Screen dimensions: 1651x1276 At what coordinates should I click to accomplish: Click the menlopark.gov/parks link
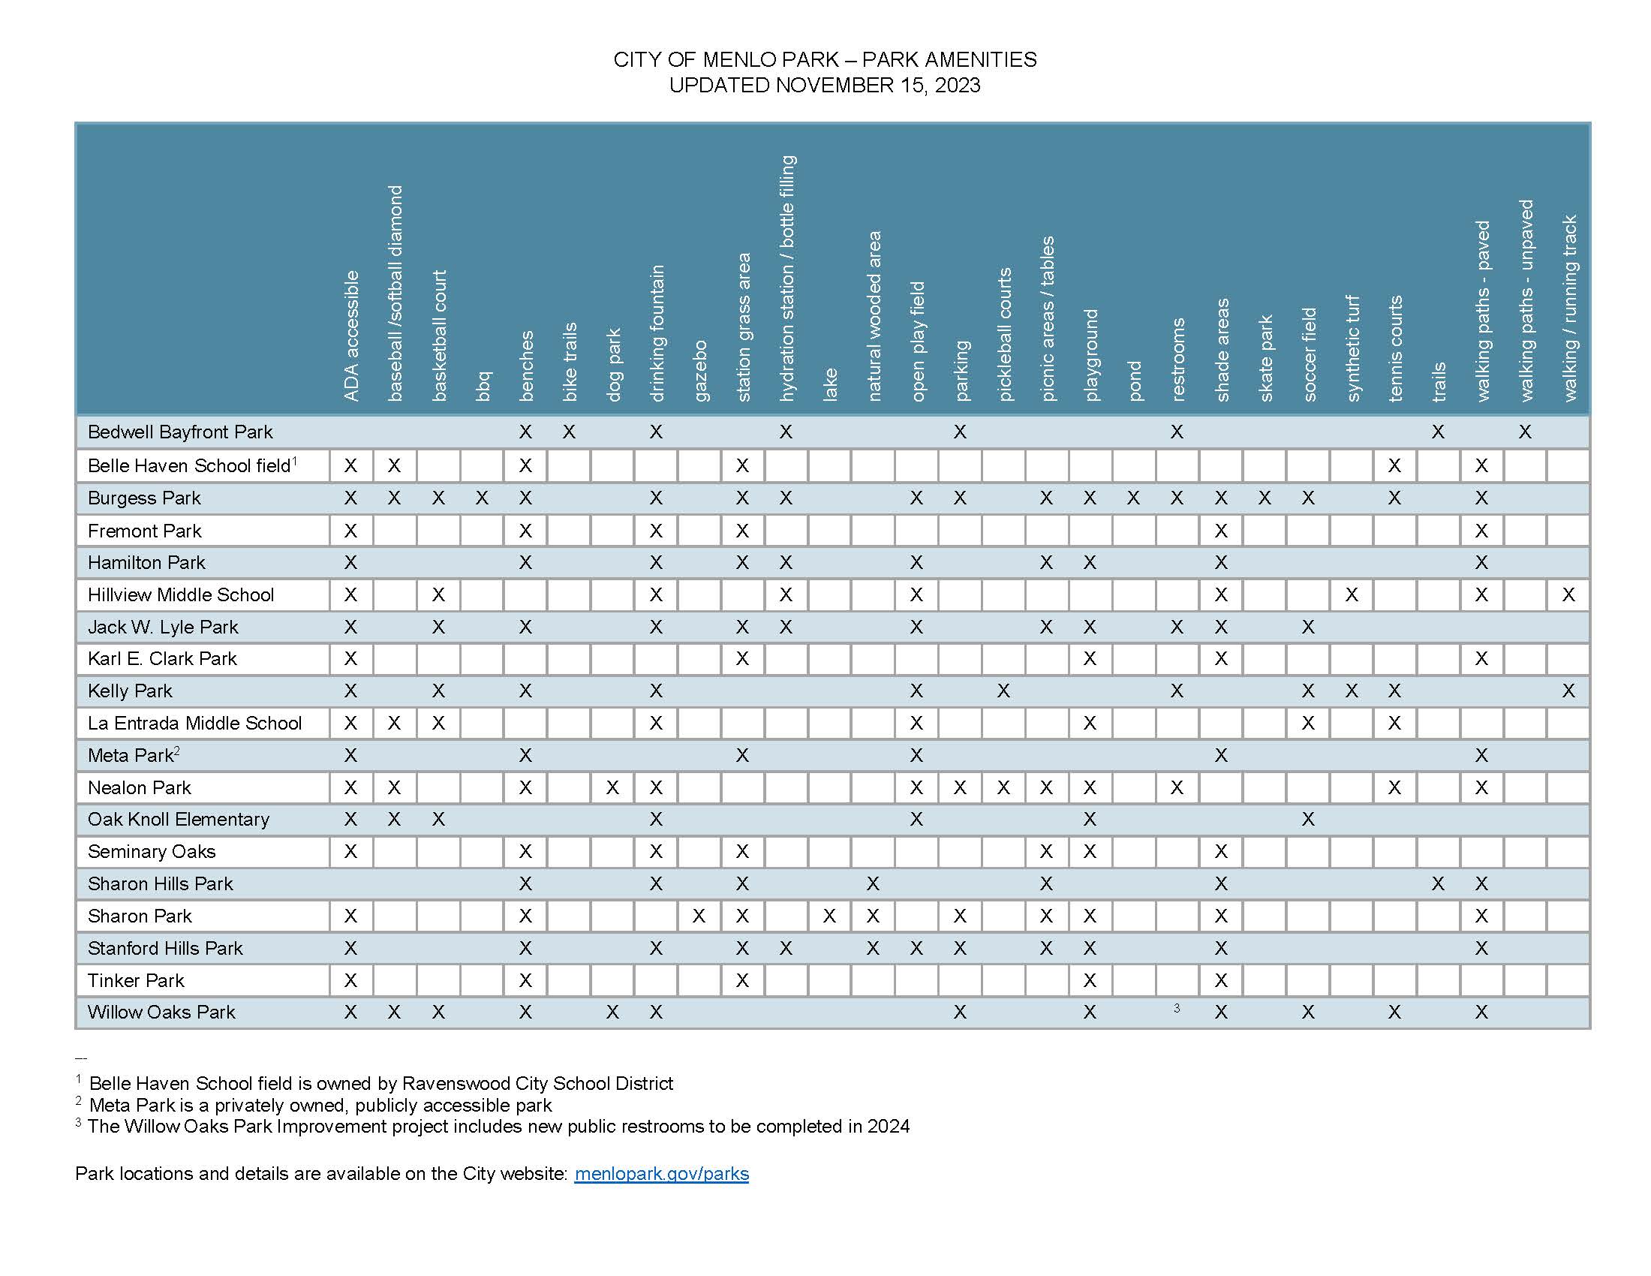click(661, 1173)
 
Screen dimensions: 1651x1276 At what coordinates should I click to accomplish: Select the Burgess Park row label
click(144, 498)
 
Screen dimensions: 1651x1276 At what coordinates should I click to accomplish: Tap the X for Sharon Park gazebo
click(699, 916)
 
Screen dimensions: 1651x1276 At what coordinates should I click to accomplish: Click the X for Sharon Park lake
click(829, 916)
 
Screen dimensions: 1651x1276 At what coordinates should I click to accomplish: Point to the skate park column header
click(1265, 357)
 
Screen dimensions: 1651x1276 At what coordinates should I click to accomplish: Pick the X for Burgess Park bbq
click(482, 498)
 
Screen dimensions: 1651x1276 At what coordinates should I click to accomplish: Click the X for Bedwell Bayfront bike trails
click(570, 432)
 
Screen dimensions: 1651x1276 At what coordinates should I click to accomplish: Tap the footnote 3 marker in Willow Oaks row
click(1177, 1007)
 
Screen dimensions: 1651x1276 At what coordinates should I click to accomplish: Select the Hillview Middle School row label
click(181, 595)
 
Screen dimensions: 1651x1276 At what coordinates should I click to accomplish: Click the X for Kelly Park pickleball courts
click(1003, 691)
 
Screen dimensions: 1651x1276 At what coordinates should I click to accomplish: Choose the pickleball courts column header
click(1004, 334)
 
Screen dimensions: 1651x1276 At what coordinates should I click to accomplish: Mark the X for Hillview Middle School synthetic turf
click(1352, 595)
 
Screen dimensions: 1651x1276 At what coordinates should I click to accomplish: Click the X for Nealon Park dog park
click(612, 787)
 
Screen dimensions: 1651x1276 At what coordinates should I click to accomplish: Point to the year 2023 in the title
click(957, 85)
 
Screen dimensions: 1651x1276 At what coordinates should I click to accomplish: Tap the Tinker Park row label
click(136, 980)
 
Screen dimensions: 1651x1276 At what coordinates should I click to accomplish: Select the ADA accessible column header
click(350, 336)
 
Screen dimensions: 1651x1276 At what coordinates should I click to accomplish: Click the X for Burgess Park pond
click(1133, 498)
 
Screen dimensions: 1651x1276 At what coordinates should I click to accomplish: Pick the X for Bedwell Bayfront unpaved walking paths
click(1525, 432)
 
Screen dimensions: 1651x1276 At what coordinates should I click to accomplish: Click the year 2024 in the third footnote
click(889, 1127)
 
